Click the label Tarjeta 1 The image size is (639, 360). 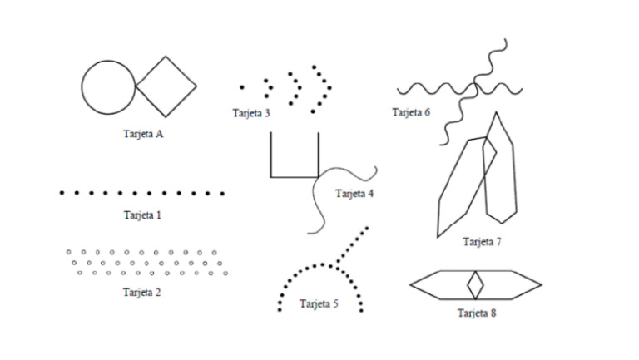point(141,215)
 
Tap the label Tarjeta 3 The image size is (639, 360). point(251,113)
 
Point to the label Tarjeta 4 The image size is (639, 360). point(355,194)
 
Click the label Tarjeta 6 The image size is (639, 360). point(411,112)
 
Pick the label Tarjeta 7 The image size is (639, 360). point(482,242)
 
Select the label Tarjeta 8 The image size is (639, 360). point(476,313)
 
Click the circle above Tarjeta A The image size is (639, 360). point(108,86)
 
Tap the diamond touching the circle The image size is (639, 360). point(166,86)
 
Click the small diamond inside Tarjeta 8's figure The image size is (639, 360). point(475,284)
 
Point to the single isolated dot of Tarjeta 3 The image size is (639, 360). point(242,86)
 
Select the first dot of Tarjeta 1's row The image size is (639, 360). point(62,192)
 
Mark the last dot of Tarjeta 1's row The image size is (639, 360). point(222,192)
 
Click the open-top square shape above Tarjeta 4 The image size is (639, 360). point(295,158)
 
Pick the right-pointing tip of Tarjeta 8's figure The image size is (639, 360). point(541,284)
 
